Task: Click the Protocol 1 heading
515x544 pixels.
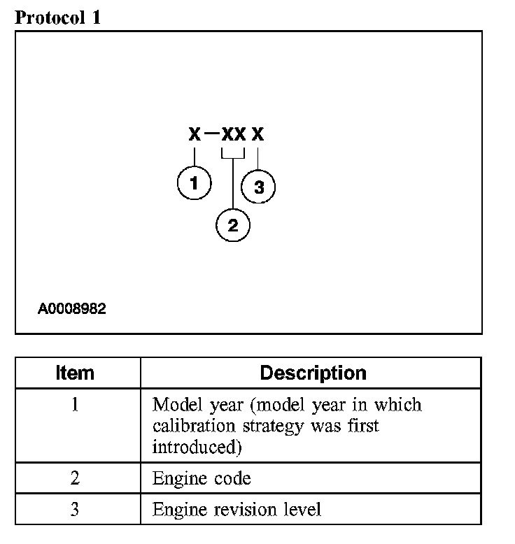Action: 58,18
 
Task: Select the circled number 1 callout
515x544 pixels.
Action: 194,184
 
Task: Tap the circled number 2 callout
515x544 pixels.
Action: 233,225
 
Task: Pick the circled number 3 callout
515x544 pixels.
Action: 258,187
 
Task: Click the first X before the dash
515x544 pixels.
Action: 195,134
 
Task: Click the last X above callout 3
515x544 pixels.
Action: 258,134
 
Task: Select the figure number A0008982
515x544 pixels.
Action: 72,308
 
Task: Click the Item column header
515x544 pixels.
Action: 75,373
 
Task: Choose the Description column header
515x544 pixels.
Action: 313,373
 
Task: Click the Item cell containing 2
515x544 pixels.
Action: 75,478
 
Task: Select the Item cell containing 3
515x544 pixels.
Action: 75,509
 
